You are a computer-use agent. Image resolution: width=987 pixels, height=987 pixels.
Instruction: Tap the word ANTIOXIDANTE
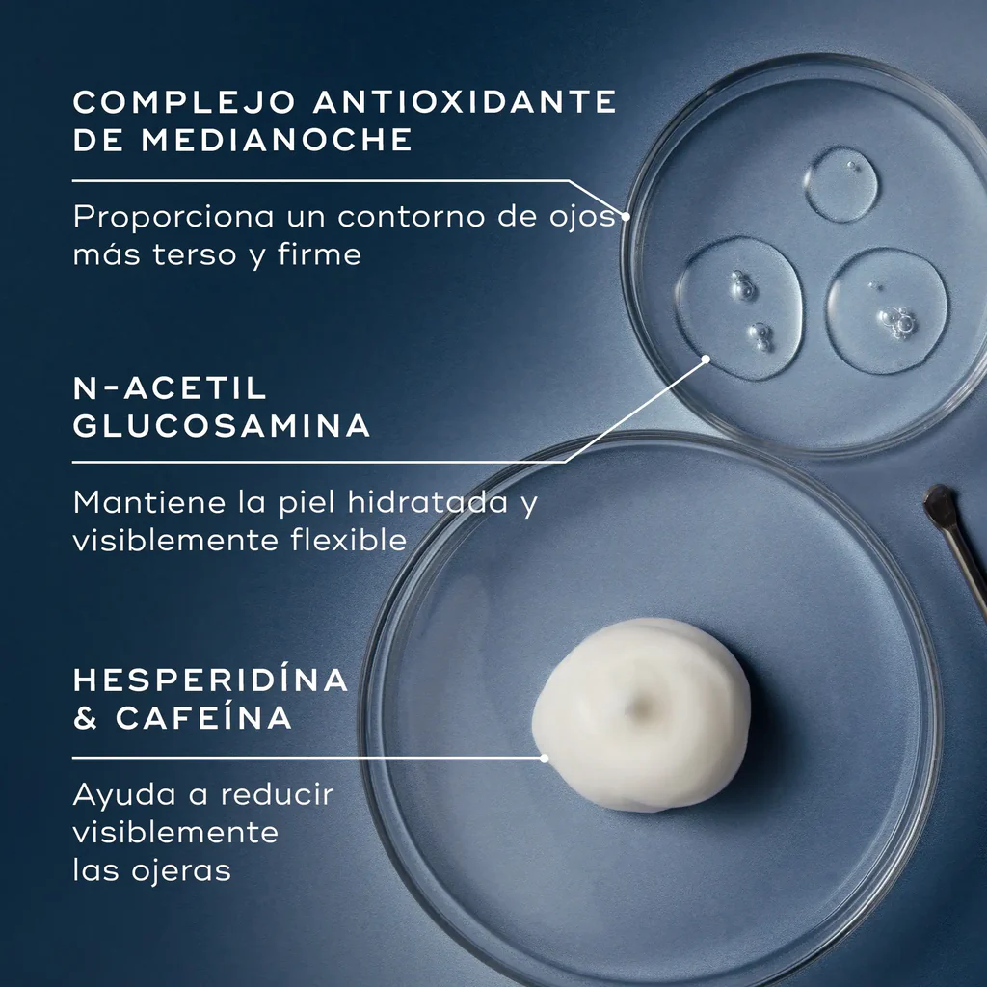pos(464,101)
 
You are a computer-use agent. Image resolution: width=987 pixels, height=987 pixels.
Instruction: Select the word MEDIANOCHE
pos(277,140)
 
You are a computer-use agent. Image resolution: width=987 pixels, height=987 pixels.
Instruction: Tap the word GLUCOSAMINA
pos(222,427)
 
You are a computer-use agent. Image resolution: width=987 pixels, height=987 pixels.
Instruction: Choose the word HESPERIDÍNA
pos(211,680)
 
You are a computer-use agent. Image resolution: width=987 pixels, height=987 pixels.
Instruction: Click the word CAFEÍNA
pos(203,718)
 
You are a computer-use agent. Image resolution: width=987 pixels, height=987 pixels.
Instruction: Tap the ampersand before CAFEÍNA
pos(86,718)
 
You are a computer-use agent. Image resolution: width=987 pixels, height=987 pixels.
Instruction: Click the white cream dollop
pos(641,713)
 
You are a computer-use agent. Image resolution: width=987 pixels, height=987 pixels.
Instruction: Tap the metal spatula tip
pos(939,507)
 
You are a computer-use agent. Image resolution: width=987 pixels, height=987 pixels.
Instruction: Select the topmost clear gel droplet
pos(841,183)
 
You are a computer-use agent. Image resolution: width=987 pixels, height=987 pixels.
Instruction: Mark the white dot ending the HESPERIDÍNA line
pos(545,758)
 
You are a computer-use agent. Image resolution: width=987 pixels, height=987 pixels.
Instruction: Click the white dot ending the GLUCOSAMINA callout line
pos(706,360)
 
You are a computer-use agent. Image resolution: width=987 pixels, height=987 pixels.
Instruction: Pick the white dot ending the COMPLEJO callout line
pos(626,217)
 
